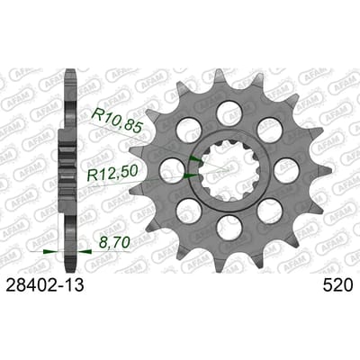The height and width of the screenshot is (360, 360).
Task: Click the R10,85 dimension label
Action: [115, 121]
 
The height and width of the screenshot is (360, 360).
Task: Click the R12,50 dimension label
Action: [112, 173]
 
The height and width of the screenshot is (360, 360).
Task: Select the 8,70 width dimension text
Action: [112, 242]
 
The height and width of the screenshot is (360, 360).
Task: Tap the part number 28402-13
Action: [45, 285]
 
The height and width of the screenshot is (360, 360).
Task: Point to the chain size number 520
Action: [337, 285]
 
